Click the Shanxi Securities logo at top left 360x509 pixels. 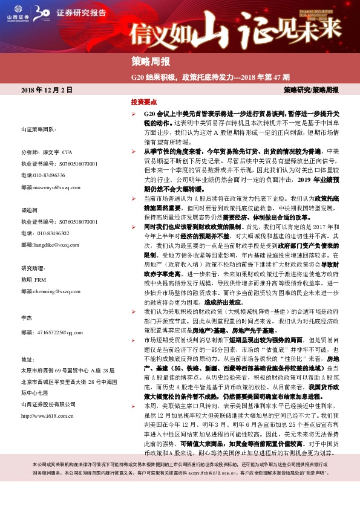pos(19,13)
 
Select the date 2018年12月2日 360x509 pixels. pos(47,89)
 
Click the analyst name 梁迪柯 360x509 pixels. pos(29,210)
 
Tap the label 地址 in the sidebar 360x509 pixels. pos(27,358)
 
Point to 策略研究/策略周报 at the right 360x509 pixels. pos(311,89)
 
